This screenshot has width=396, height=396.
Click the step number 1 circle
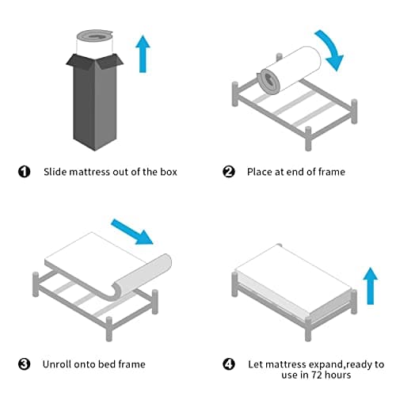[24, 172]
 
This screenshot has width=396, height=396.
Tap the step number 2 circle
[229, 172]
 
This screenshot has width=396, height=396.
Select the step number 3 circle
[24, 364]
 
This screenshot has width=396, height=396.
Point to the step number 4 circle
[229, 364]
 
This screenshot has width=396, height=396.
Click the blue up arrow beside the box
[143, 54]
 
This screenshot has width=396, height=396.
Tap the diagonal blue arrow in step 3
[132, 231]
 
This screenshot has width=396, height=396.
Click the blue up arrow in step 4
[371, 286]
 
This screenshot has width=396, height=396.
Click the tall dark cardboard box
[94, 101]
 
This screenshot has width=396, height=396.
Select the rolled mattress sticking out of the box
[94, 42]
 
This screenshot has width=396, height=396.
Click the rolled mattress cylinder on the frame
[290, 70]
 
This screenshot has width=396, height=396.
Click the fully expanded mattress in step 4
[293, 284]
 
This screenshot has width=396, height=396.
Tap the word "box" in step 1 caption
[169, 172]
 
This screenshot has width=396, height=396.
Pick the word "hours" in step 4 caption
[337, 375]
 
